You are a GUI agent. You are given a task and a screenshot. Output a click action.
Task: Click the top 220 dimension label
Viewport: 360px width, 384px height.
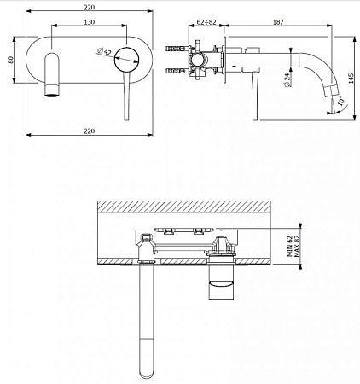[90, 8]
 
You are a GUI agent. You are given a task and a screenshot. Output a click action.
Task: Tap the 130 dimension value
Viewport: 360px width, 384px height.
[90, 22]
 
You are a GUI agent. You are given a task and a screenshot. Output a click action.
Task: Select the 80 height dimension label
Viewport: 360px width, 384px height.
[10, 60]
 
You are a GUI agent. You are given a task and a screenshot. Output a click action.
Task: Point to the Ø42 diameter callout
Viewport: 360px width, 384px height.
[104, 51]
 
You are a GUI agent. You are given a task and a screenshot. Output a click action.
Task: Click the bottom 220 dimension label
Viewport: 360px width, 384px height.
[90, 131]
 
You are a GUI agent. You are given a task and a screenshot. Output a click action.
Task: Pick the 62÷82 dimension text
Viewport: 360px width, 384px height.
[206, 22]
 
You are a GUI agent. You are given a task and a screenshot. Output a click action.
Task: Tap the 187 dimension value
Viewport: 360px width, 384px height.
[278, 22]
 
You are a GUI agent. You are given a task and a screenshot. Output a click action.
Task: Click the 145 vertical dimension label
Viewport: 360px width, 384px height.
[351, 79]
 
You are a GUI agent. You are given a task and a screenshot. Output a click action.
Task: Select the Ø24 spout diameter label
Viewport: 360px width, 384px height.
[287, 80]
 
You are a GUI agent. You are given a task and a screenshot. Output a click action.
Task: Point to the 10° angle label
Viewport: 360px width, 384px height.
[341, 101]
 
